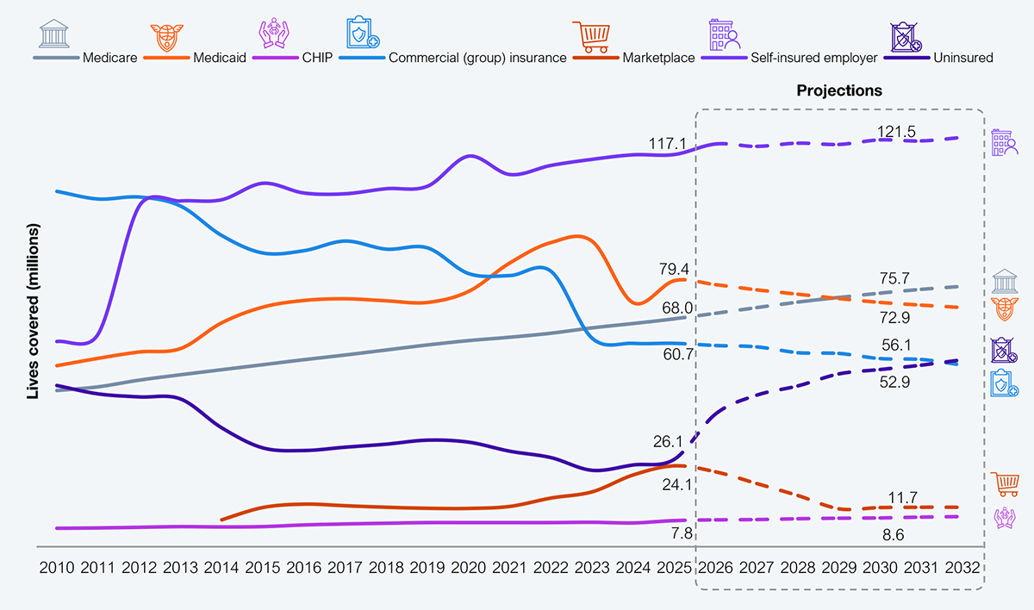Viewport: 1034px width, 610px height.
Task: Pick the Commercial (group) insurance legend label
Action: click(478, 58)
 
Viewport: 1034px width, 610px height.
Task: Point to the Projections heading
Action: click(839, 90)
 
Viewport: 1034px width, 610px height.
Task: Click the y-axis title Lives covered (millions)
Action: click(34, 312)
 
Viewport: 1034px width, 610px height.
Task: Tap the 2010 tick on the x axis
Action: click(56, 570)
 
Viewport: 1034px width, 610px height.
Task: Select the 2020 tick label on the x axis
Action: click(469, 570)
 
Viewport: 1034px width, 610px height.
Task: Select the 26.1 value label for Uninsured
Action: click(669, 442)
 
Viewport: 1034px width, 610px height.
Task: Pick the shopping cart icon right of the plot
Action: click(1005, 484)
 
